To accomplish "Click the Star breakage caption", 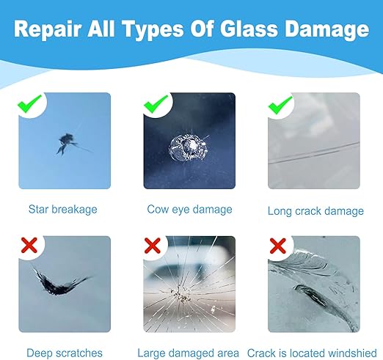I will click(x=62, y=210).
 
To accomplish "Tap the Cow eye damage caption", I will click(x=189, y=210).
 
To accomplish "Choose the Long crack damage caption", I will click(x=315, y=210).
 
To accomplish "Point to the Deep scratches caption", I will click(x=65, y=353).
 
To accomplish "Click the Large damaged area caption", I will click(x=189, y=353).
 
